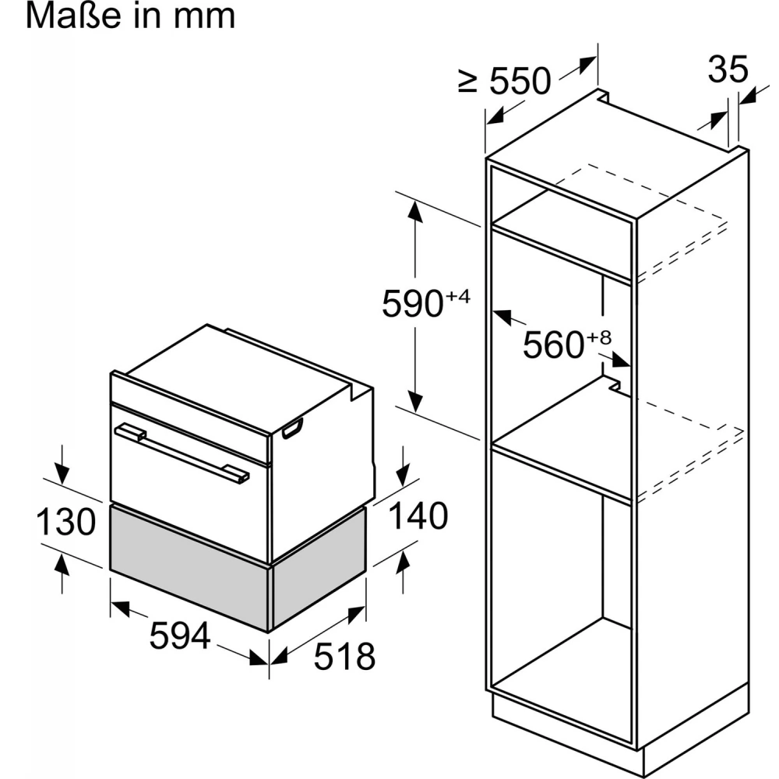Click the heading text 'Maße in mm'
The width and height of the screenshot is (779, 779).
click(x=130, y=16)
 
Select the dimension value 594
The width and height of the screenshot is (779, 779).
click(x=180, y=636)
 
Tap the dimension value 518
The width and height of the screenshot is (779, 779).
click(x=344, y=656)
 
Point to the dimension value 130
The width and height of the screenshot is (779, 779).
click(x=65, y=521)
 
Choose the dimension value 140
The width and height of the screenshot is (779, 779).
click(x=418, y=515)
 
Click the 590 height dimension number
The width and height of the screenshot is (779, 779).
click(x=412, y=303)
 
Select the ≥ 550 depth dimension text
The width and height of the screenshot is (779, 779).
click(x=504, y=80)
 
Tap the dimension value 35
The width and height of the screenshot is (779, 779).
click(x=728, y=69)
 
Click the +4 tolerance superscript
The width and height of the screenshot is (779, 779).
click(x=457, y=297)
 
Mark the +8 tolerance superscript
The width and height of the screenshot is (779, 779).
click(x=598, y=338)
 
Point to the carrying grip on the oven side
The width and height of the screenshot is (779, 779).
click(x=293, y=428)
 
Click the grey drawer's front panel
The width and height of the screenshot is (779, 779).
click(x=189, y=566)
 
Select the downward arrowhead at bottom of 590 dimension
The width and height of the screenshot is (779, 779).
click(x=415, y=400)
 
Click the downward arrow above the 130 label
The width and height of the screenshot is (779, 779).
click(x=62, y=464)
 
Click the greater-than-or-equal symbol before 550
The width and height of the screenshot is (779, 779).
click(x=467, y=82)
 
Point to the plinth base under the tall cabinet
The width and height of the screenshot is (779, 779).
click(x=621, y=731)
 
